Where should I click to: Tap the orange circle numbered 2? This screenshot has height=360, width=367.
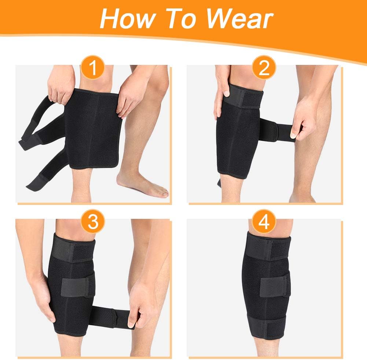(x=264, y=69)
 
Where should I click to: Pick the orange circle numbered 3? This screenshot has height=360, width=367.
(x=93, y=222)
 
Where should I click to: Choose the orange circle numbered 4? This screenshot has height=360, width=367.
(x=264, y=222)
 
